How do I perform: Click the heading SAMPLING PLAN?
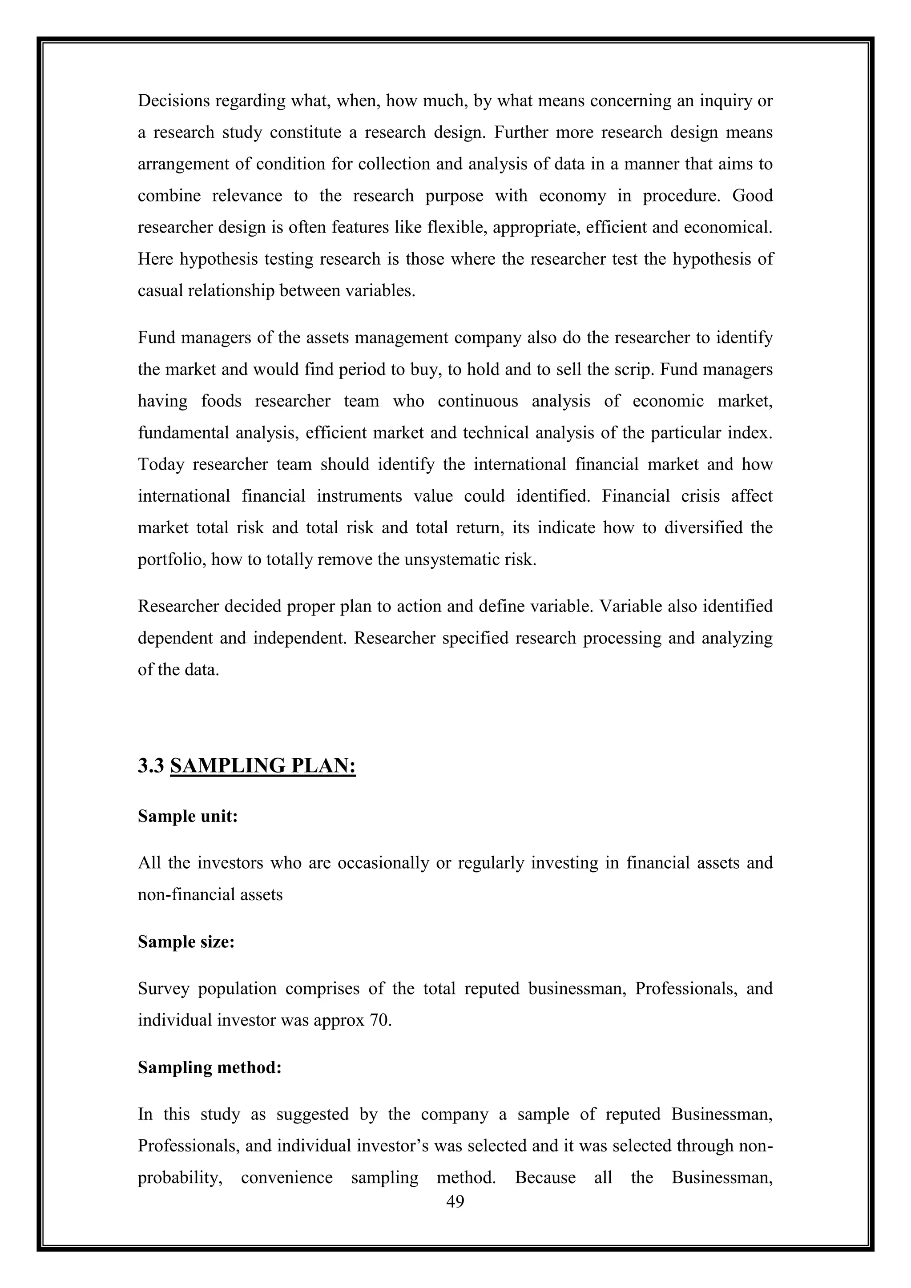point(262,766)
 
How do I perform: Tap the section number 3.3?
point(150,766)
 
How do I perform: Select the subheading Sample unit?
point(188,816)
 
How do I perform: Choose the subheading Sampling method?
point(209,1067)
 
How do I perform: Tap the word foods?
point(222,401)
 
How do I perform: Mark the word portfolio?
point(172,560)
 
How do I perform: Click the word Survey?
point(163,988)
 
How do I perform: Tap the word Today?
point(161,464)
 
